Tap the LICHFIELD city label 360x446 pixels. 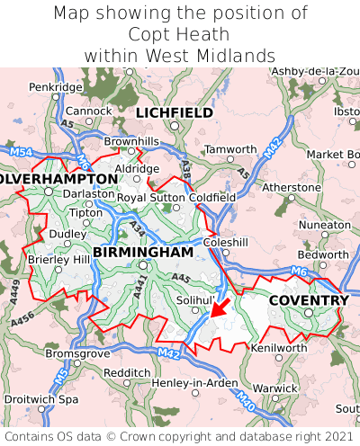pos(175,112)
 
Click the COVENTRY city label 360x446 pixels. pos(309,299)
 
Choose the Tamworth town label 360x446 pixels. pos(230,148)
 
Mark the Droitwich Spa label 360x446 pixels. pos(40,398)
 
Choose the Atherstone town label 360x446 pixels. pos(291,187)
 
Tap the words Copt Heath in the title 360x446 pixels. pos(179,34)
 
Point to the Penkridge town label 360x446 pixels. pos(54,87)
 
